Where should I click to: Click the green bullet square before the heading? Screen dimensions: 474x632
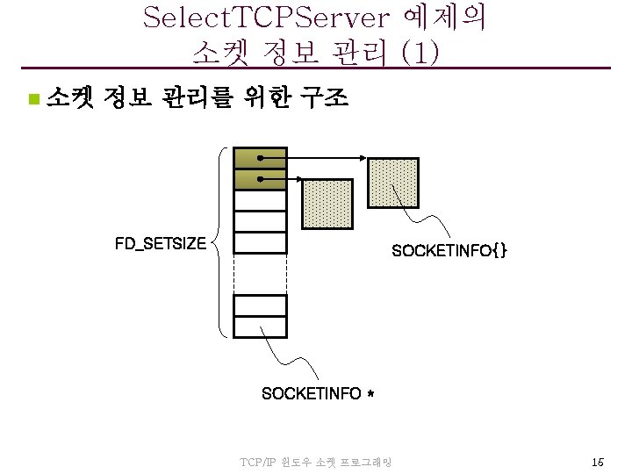[x=32, y=99]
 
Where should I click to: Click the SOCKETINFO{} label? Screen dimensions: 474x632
[x=449, y=251]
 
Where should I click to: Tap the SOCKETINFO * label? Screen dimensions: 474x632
[x=318, y=394]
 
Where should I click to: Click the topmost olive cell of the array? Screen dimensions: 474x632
[x=261, y=158]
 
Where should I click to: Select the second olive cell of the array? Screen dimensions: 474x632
[x=261, y=179]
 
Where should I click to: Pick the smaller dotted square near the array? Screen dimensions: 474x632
[x=327, y=205]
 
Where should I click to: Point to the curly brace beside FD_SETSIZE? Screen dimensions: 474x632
[x=219, y=241]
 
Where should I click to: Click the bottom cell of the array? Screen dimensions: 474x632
[x=261, y=327]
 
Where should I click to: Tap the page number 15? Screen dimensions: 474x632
[x=597, y=462]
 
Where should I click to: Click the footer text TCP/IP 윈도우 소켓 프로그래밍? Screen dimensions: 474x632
[x=315, y=462]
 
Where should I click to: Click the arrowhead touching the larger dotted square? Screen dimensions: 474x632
[x=363, y=158]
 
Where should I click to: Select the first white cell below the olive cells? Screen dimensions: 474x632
[x=261, y=201]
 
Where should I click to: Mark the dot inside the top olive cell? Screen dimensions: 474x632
[x=261, y=158]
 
